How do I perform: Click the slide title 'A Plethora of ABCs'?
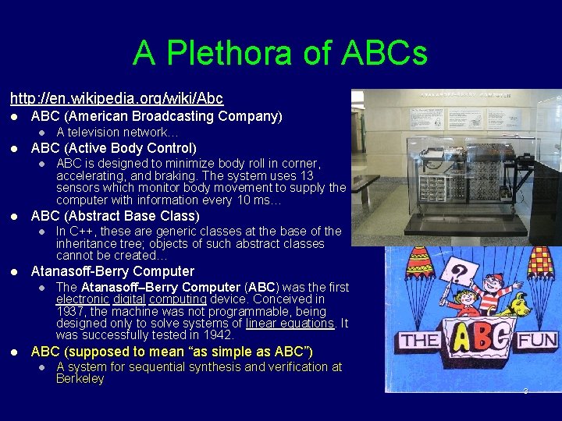280,54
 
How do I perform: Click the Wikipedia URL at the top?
116,98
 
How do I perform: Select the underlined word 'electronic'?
82,299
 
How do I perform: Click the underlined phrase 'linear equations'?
290,323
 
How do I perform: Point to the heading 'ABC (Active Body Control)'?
113,147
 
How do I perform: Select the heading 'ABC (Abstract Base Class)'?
115,215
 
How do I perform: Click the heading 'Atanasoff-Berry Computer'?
112,271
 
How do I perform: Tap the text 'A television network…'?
112,132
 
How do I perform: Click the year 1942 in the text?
219,335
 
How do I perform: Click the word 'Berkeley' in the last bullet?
80,379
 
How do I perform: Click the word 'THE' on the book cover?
419,341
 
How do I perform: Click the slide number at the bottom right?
525,391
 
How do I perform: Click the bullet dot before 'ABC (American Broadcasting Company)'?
15,116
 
